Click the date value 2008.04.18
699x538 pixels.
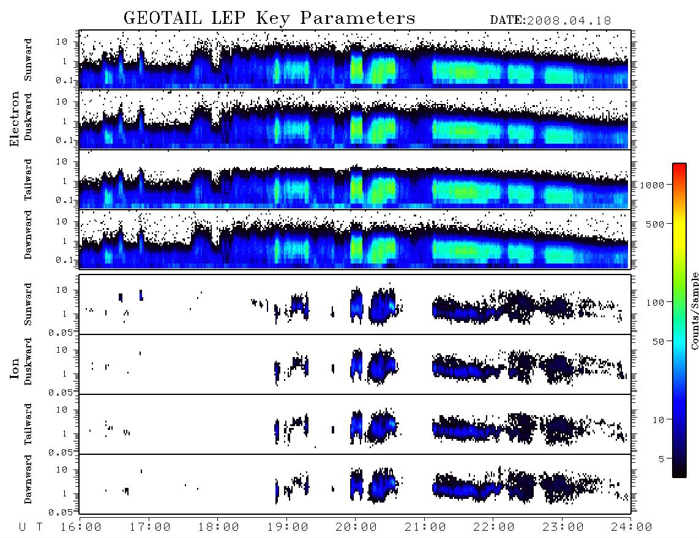pos(569,21)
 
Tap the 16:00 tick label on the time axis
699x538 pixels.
pos(81,528)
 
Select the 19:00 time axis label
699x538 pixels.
pos(288,528)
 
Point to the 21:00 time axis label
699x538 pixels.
pos(425,528)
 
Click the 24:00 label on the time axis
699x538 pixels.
pos(631,528)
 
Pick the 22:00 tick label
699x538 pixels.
pos(494,528)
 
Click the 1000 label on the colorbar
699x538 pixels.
pos(652,185)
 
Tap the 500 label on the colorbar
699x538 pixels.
pos(656,224)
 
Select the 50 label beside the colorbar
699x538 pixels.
pos(659,342)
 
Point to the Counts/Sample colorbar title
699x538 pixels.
pos(695,311)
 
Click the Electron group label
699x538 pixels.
pos(14,119)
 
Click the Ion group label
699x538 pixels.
pos(14,368)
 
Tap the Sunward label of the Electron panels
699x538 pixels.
pos(28,60)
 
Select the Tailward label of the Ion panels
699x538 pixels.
pos(28,424)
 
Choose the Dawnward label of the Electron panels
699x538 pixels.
pos(28,235)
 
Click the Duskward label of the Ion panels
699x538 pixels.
pos(28,361)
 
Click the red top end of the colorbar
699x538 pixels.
pos(679,166)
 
